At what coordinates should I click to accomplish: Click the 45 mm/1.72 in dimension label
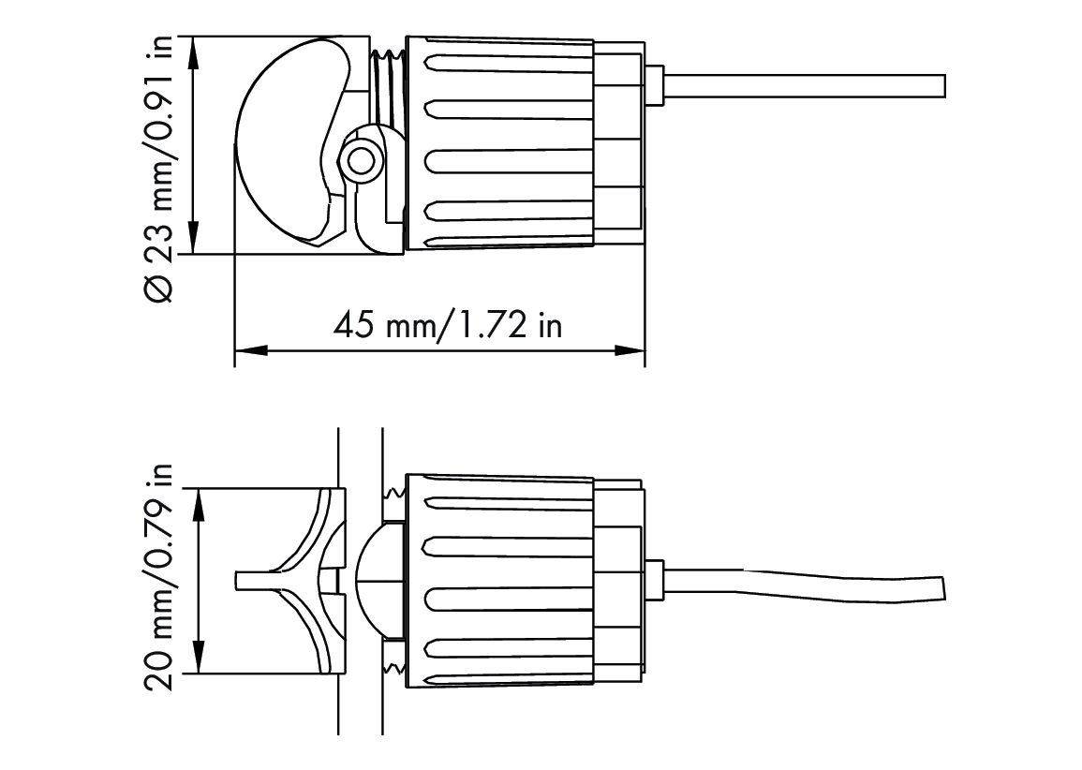point(448,324)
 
